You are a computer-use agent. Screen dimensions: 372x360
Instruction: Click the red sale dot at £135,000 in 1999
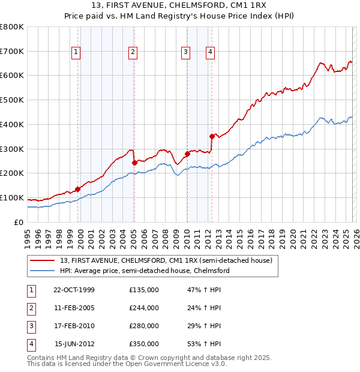pos(78,189)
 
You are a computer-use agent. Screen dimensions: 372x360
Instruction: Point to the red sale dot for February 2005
pos(134,162)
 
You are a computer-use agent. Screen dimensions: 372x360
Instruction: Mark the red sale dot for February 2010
pos(187,154)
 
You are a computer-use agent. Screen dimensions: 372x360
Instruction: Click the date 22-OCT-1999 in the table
pos(74,290)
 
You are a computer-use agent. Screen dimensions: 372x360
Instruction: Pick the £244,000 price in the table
pos(144,308)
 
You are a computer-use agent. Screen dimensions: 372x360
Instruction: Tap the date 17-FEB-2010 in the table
pos(74,326)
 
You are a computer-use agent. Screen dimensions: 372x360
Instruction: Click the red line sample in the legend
pos(41,260)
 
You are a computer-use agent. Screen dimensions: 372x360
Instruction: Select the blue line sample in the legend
pos(41,271)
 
